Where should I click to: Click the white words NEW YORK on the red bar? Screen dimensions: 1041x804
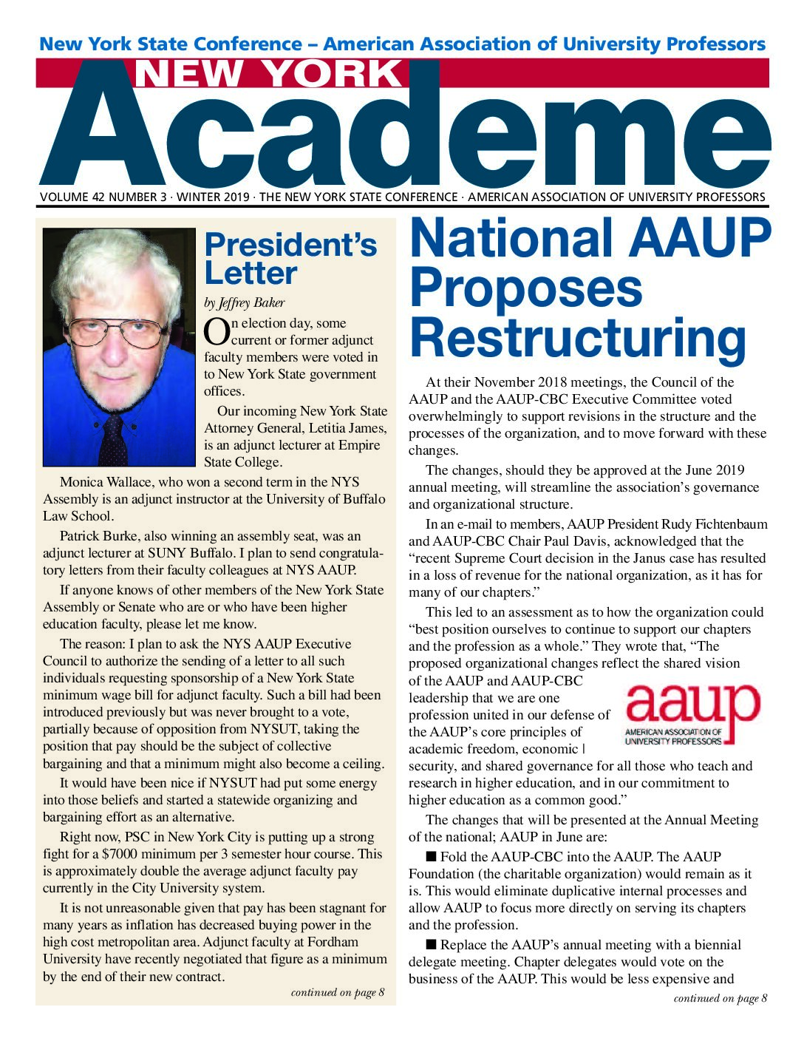[268, 74]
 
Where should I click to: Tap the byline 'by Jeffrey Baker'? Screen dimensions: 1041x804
[244, 302]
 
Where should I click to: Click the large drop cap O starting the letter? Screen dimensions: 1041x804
[216, 332]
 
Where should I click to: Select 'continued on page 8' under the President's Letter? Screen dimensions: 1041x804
[337, 992]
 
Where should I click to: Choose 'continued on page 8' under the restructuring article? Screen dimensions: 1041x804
[720, 998]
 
